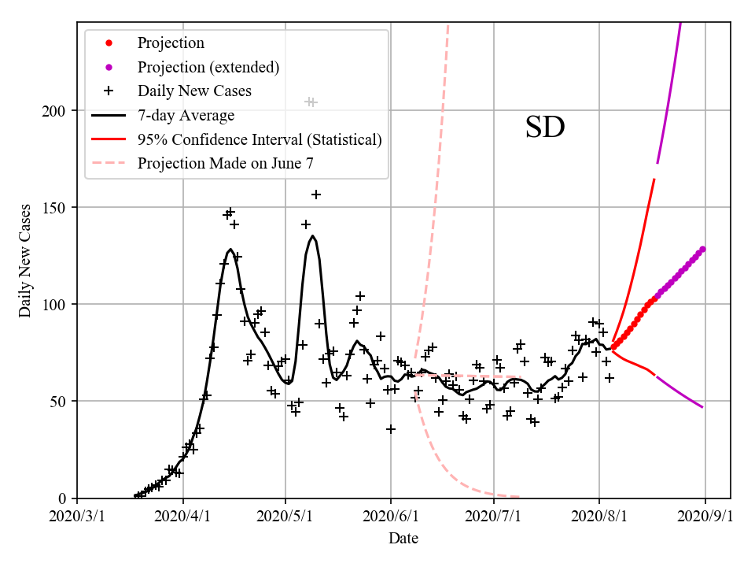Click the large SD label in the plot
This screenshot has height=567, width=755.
[x=545, y=128]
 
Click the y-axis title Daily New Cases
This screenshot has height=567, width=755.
[x=25, y=260]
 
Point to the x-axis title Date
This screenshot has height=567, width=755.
[x=403, y=539]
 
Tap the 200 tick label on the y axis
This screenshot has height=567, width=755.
[x=57, y=110]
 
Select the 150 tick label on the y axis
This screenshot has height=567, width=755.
[x=57, y=207]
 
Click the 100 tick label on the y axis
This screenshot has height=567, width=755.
[x=57, y=304]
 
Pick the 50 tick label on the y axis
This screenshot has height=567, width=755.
[x=61, y=401]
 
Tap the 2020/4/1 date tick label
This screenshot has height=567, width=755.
[x=183, y=517]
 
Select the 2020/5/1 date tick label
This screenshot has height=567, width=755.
[x=286, y=517]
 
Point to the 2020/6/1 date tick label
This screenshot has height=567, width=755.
[x=391, y=517]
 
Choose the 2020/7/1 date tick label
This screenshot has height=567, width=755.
[x=494, y=517]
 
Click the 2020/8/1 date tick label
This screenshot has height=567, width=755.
[x=599, y=517]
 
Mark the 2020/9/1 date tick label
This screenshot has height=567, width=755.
[x=705, y=517]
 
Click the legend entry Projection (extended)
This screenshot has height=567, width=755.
[x=208, y=67]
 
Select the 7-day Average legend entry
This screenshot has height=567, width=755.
[x=186, y=116]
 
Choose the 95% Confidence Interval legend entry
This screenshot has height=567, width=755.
[x=260, y=139]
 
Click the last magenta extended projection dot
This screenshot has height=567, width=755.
[x=702, y=249]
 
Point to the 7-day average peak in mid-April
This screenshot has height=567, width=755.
[x=230, y=250]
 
